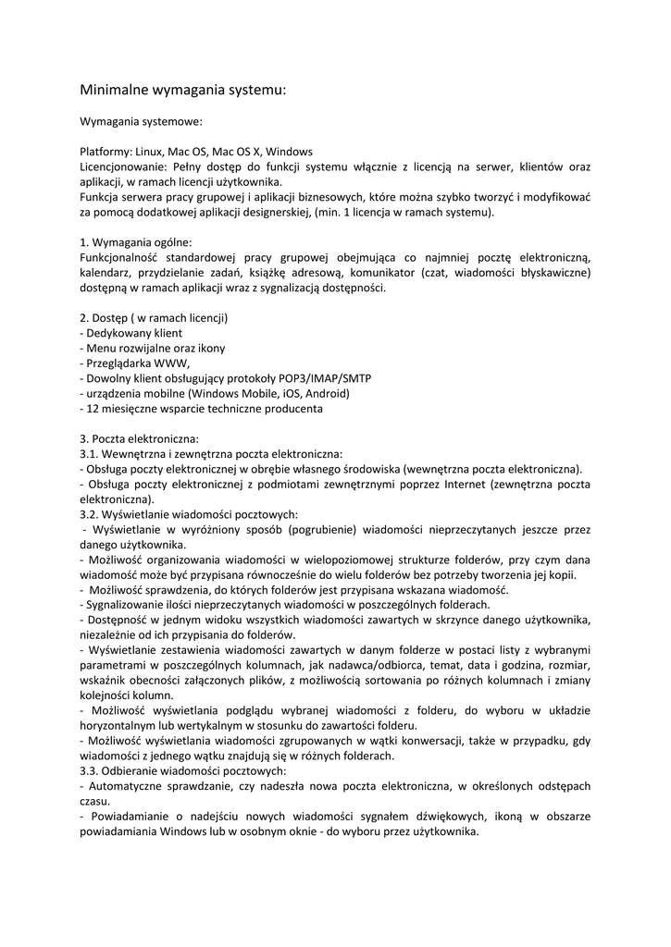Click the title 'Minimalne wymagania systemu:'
point(183,91)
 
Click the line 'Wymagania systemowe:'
point(141,121)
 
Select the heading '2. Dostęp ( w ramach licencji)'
point(155,318)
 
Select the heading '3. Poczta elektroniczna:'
point(139,438)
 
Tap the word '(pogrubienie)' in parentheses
point(320,530)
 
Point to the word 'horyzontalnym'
point(121,726)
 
